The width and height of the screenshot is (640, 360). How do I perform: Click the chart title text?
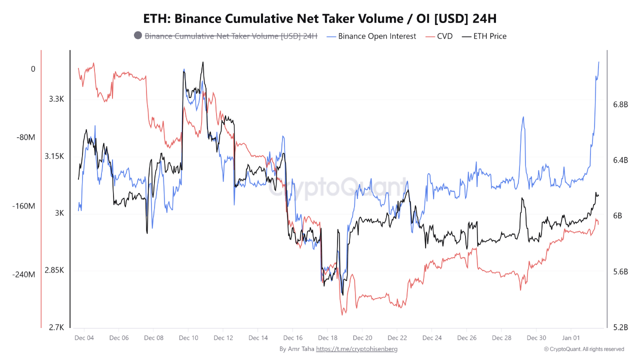[x=320, y=18]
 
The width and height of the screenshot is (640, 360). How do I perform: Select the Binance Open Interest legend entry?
[x=377, y=36]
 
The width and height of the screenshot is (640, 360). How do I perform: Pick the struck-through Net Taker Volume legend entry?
[x=231, y=36]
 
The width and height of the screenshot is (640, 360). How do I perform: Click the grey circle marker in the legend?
[x=138, y=35]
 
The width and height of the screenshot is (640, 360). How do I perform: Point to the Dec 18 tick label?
[x=327, y=338]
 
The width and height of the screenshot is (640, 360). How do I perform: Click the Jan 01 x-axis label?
[x=570, y=338]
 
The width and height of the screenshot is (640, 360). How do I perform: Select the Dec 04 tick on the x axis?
[x=84, y=338]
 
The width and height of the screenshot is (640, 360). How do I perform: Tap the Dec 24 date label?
[x=431, y=338]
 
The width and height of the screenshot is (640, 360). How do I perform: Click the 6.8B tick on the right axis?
[x=620, y=104]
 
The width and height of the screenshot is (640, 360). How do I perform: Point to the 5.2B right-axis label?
[x=620, y=327]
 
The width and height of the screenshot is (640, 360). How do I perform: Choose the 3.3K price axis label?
[x=56, y=99]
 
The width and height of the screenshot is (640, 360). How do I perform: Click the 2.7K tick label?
[x=56, y=327]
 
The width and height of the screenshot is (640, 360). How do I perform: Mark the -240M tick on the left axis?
[x=23, y=274]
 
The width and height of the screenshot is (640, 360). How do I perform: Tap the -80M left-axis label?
[x=25, y=137]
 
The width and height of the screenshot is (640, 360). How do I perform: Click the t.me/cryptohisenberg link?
[x=357, y=349]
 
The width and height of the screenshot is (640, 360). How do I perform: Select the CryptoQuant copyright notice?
[x=583, y=349]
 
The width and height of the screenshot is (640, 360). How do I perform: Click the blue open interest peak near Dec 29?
[x=523, y=117]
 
